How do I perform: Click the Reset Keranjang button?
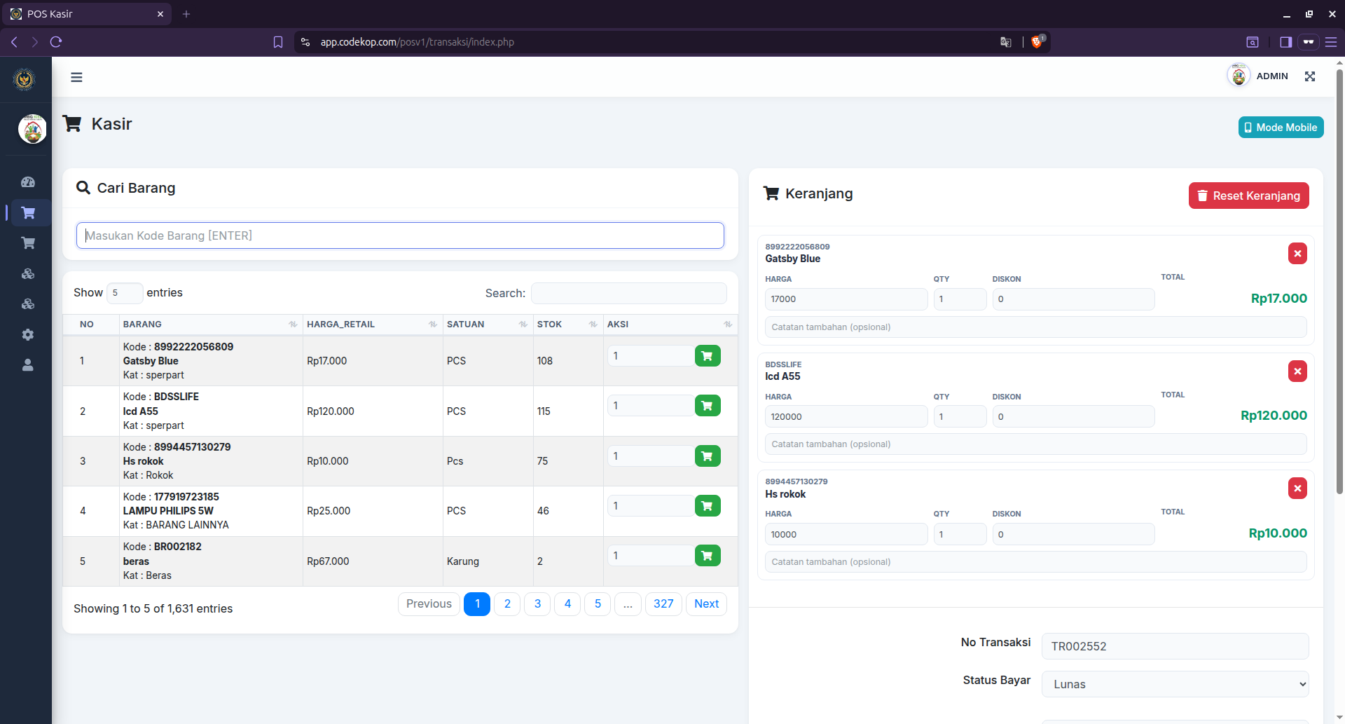click(1248, 196)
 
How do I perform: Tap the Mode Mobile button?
click(1281, 128)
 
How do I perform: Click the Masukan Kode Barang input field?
click(400, 235)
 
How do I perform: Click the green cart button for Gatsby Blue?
click(708, 356)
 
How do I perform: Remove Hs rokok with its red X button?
click(1297, 489)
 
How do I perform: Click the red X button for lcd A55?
click(1297, 371)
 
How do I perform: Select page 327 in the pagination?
click(663, 604)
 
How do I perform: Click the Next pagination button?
click(706, 604)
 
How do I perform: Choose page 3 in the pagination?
click(537, 604)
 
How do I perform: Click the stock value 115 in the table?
click(544, 411)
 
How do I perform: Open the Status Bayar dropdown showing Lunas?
click(1175, 684)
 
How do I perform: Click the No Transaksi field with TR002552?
click(1175, 646)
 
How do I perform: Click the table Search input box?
click(628, 293)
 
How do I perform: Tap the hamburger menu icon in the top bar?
click(76, 77)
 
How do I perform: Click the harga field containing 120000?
click(846, 417)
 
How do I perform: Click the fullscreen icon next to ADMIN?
click(1310, 76)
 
